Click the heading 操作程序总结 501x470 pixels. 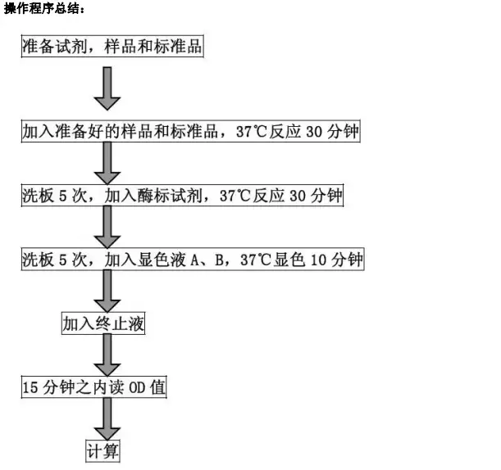click(x=45, y=8)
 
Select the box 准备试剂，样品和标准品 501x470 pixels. click(x=112, y=47)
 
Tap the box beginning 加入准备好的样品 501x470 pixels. click(x=191, y=131)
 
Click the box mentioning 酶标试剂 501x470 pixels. click(x=183, y=195)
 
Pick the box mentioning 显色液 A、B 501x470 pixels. click(x=193, y=259)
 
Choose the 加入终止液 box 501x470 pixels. click(x=103, y=323)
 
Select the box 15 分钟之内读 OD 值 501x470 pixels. click(x=94, y=387)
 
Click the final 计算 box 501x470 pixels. click(x=102, y=451)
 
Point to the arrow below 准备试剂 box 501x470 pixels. click(x=107, y=88)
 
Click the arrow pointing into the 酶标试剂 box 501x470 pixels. click(x=107, y=163)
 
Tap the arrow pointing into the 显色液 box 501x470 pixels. click(x=107, y=227)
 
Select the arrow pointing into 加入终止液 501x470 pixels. click(x=107, y=291)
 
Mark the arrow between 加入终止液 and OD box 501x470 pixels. click(x=107, y=355)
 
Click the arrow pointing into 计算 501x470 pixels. click(x=107, y=419)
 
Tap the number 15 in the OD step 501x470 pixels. click(x=30, y=387)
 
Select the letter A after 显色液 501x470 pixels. click(x=194, y=260)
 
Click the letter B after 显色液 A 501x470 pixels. click(x=220, y=260)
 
